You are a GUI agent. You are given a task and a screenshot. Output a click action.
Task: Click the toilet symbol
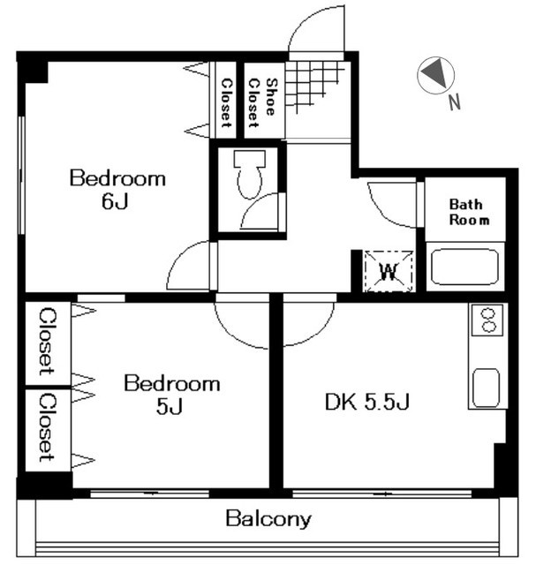pyautogui.click(x=249, y=174)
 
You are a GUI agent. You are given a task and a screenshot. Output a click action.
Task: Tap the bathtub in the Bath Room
pyautogui.click(x=464, y=267)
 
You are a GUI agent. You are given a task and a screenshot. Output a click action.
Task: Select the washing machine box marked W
pyautogui.click(x=389, y=271)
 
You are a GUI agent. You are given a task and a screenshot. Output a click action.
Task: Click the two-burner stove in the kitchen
pyautogui.click(x=487, y=320)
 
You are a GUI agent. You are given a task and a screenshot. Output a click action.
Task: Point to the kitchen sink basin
pyautogui.click(x=486, y=388)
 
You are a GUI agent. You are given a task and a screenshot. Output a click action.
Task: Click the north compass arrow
pyautogui.click(x=435, y=74)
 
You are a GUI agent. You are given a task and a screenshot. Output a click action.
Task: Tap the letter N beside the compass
pyautogui.click(x=455, y=102)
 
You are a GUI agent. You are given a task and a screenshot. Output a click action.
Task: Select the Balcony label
pyautogui.click(x=268, y=518)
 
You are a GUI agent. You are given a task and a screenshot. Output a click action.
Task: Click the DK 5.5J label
pyautogui.click(x=367, y=402)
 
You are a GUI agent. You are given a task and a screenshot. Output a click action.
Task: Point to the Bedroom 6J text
pyautogui.click(x=117, y=189)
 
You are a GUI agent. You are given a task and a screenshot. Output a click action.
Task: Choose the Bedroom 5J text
pyautogui.click(x=171, y=395)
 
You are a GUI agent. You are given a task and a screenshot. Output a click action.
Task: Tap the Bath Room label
pyautogui.click(x=469, y=212)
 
